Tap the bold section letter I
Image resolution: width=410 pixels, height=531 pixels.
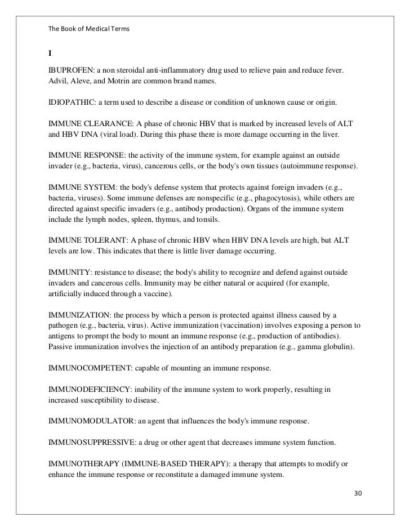pyautogui.click(x=50, y=55)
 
